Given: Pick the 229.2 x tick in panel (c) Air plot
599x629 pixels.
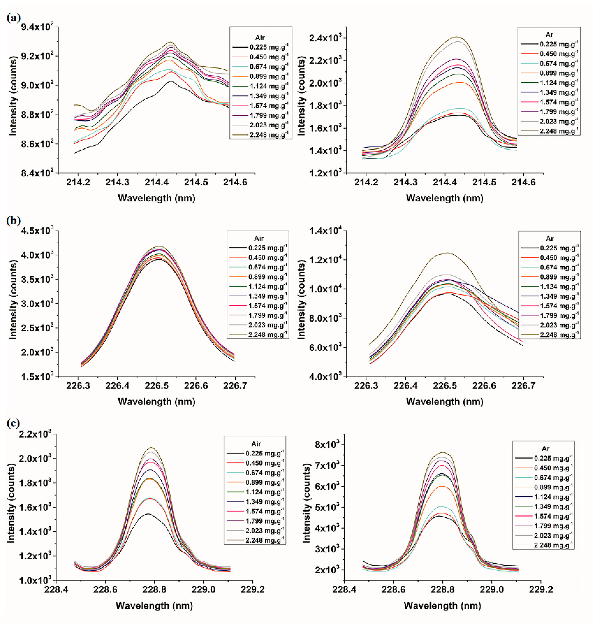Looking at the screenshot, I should coord(253,589).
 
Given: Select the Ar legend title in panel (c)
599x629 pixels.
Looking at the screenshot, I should coord(545,448).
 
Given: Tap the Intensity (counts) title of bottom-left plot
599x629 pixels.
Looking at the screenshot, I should coord(11,503).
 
